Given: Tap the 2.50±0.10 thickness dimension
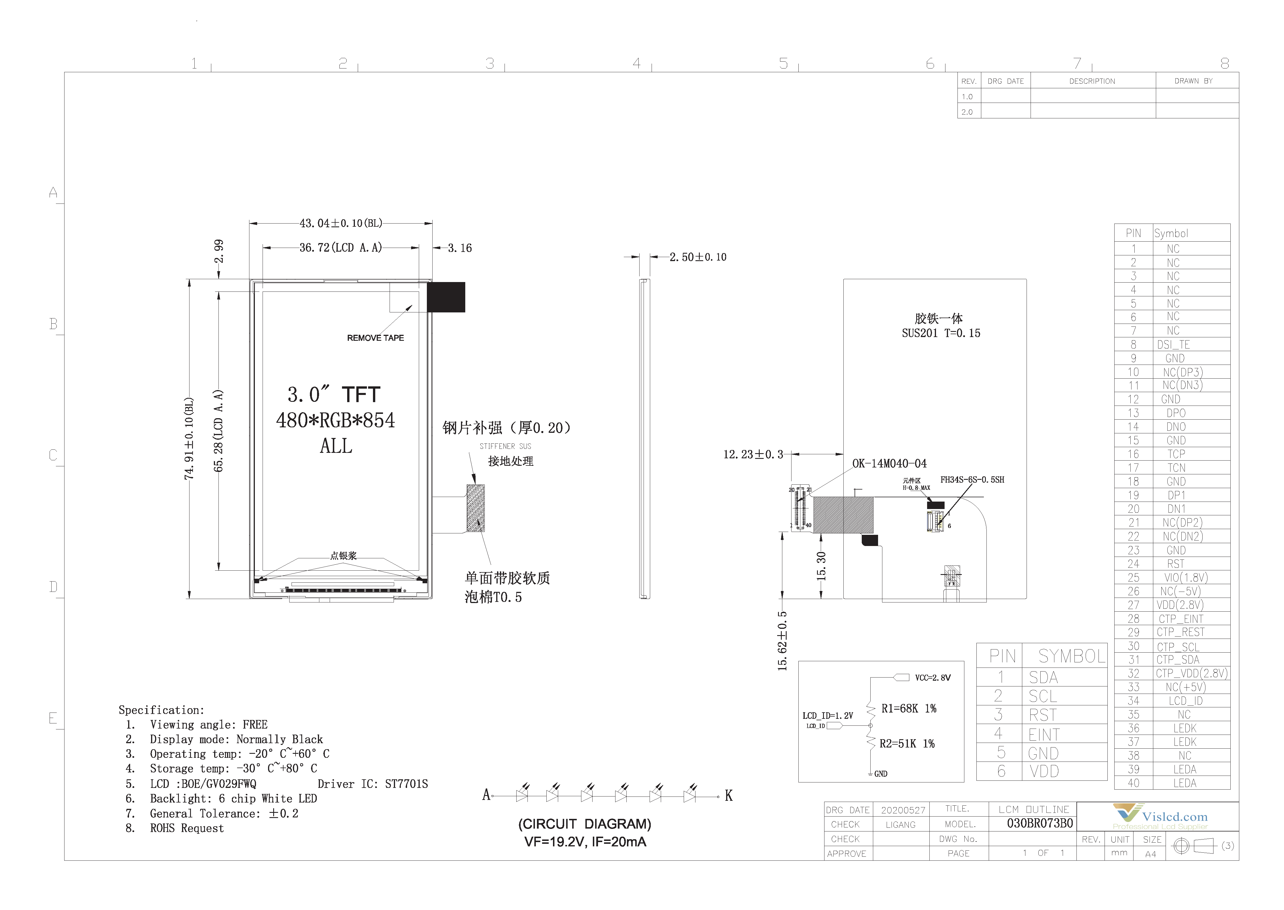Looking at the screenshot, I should click(x=698, y=257).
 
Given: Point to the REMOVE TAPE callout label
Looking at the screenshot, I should click(x=375, y=338).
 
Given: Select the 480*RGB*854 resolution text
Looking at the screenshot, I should click(x=335, y=420).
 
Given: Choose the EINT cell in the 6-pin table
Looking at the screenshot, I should click(x=1043, y=734).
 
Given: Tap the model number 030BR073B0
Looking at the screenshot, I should click(x=1040, y=823).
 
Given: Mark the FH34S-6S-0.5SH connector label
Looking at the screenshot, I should click(x=972, y=480).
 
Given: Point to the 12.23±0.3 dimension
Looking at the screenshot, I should click(x=753, y=455).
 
